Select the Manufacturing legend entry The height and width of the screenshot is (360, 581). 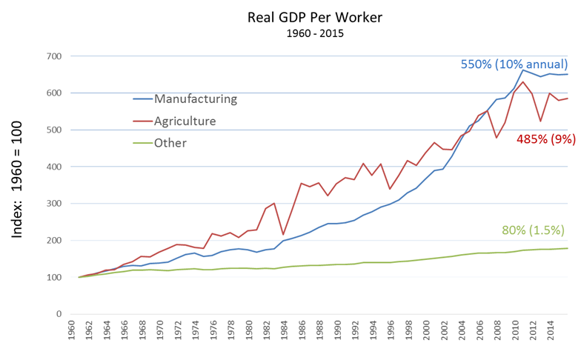click(195, 99)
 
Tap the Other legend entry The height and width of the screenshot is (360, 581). click(170, 143)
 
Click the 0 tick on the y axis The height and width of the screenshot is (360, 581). click(58, 314)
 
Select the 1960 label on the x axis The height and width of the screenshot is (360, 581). click(69, 333)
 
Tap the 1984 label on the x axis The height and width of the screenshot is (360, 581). click(283, 333)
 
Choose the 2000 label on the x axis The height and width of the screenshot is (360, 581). click(426, 333)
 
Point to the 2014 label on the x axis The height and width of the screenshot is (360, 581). click(551, 333)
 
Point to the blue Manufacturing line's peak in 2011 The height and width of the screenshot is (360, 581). click(524, 70)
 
